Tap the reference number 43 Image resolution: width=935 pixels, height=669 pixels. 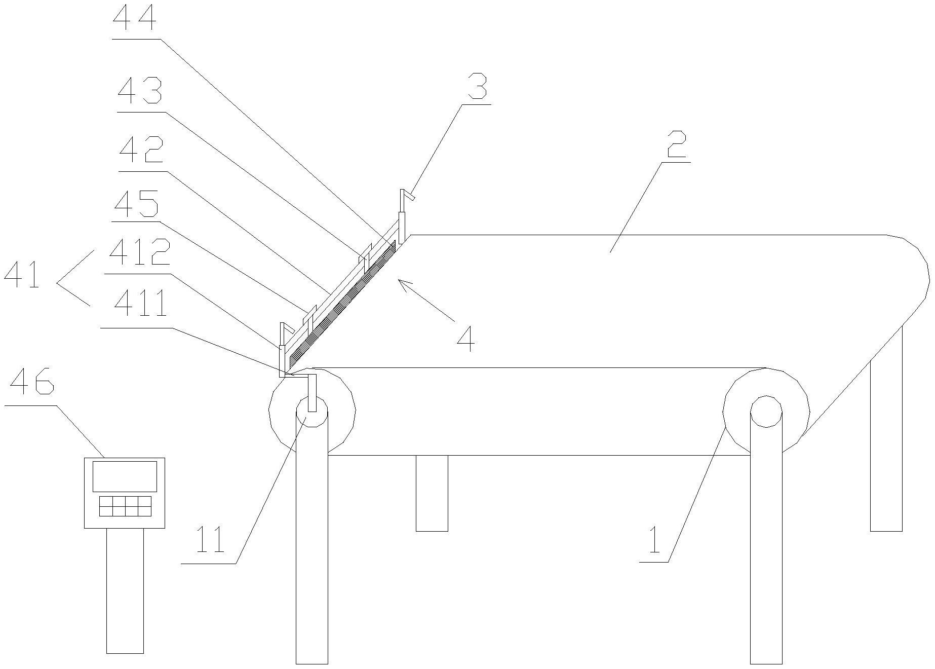[x=140, y=91]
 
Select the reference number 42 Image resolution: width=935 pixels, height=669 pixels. [x=141, y=151]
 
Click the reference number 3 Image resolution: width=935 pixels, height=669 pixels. [x=477, y=87]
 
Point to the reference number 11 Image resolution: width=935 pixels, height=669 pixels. [x=210, y=540]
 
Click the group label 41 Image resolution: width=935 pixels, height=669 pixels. [x=21, y=276]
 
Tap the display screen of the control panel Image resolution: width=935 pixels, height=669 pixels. [x=125, y=476]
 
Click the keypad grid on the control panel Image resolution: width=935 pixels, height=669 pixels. [x=125, y=506]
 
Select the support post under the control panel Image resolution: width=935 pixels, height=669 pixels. [x=125, y=590]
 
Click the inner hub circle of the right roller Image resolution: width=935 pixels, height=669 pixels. [x=766, y=411]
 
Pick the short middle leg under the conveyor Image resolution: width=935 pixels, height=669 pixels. [x=432, y=493]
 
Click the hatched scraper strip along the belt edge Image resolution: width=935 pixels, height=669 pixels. [x=342, y=303]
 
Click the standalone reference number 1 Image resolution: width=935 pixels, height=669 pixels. [x=654, y=541]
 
